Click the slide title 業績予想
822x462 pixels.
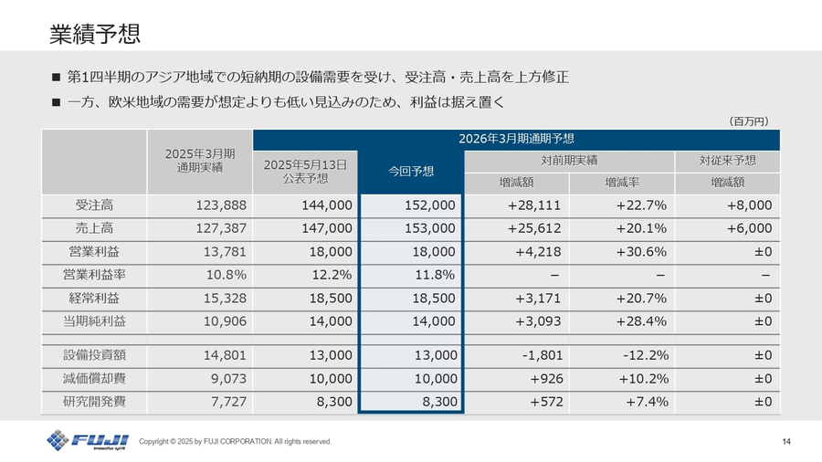click(95, 34)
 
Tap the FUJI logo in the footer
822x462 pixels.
click(88, 440)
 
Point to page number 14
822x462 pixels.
click(786, 442)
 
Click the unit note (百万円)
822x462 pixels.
click(750, 121)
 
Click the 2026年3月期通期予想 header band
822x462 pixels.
click(517, 139)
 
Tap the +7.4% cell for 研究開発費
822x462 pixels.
click(644, 402)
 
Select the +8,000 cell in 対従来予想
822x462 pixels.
click(747, 205)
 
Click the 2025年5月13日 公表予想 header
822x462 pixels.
click(305, 171)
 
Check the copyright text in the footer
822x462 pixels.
click(235, 442)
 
